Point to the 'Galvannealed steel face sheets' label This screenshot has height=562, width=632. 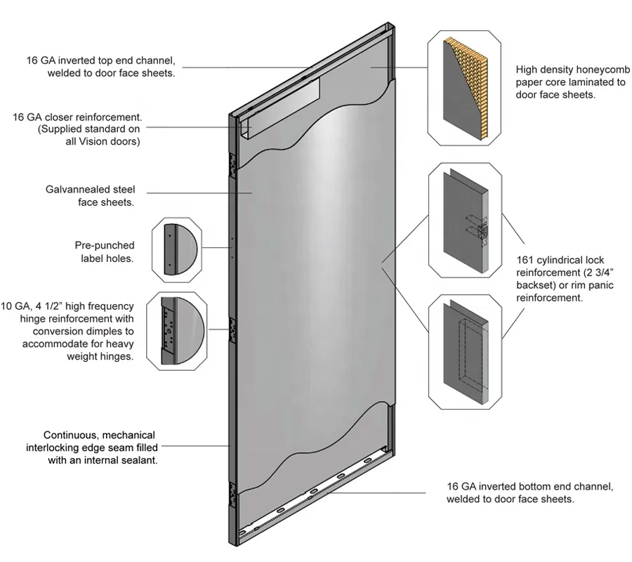click(x=90, y=196)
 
